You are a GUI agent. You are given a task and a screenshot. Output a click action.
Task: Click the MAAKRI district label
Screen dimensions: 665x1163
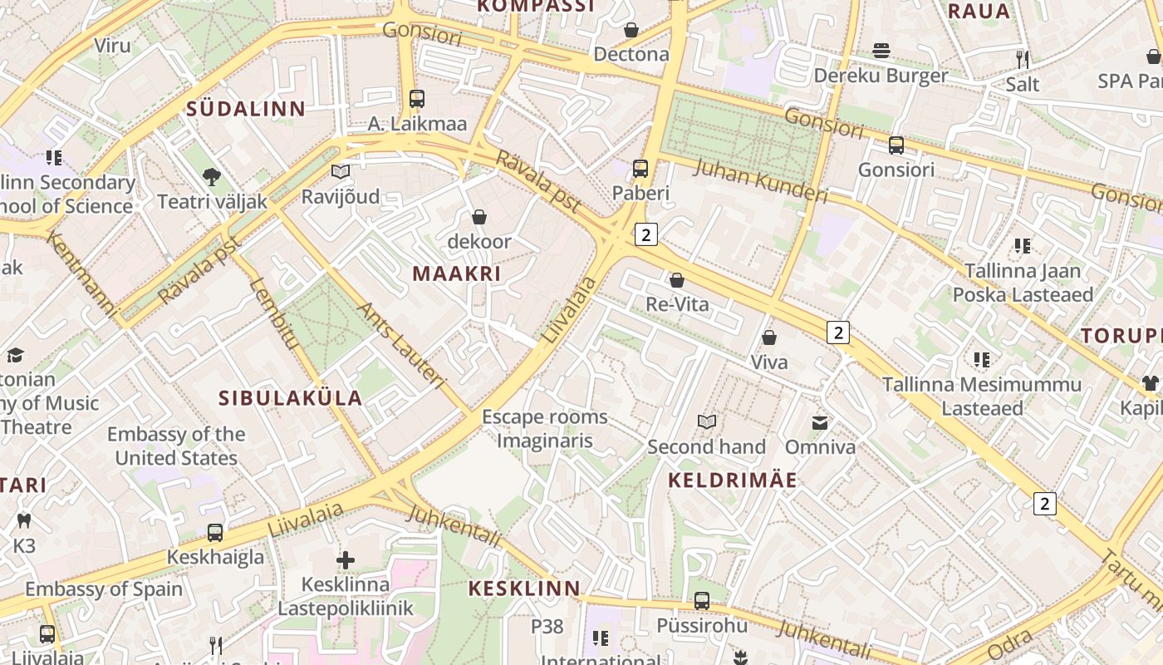point(457,273)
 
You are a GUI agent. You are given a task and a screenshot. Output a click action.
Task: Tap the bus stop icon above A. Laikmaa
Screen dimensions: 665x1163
point(417,99)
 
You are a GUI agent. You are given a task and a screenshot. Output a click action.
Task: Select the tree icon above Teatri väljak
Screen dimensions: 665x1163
point(212,176)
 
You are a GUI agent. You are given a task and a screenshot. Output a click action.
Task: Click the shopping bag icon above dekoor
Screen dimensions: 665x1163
point(479,218)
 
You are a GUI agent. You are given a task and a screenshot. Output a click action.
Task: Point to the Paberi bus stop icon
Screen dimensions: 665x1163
point(640,169)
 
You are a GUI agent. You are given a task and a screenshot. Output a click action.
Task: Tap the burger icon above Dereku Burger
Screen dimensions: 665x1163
point(881,52)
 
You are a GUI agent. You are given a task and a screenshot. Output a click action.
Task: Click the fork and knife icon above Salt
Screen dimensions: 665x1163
point(1023,60)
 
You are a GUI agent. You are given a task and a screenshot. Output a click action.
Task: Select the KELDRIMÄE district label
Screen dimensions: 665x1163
point(733,480)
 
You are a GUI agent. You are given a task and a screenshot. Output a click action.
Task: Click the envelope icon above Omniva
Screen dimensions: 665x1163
point(820,423)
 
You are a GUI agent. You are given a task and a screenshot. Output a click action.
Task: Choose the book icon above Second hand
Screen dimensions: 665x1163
point(707,422)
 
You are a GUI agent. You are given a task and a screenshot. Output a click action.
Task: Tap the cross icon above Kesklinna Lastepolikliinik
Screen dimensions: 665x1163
point(346,560)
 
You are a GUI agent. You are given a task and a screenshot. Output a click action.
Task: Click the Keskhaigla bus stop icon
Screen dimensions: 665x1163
point(215,533)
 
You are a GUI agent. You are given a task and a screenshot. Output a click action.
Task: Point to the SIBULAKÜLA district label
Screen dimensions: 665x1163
point(290,398)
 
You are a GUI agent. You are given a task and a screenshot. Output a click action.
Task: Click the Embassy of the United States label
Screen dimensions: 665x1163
point(176,446)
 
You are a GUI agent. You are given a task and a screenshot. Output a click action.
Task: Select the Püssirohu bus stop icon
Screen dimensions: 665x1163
point(702,601)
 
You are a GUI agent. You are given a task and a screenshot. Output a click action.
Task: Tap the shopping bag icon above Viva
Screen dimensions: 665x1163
point(769,338)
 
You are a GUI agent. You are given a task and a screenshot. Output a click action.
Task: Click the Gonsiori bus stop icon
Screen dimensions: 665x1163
point(896,145)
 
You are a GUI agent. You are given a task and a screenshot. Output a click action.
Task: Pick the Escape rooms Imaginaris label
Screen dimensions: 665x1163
point(545,429)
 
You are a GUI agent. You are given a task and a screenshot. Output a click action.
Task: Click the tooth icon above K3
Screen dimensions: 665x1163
point(24,521)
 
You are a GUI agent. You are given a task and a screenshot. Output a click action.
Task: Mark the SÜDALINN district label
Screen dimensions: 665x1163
point(246,109)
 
